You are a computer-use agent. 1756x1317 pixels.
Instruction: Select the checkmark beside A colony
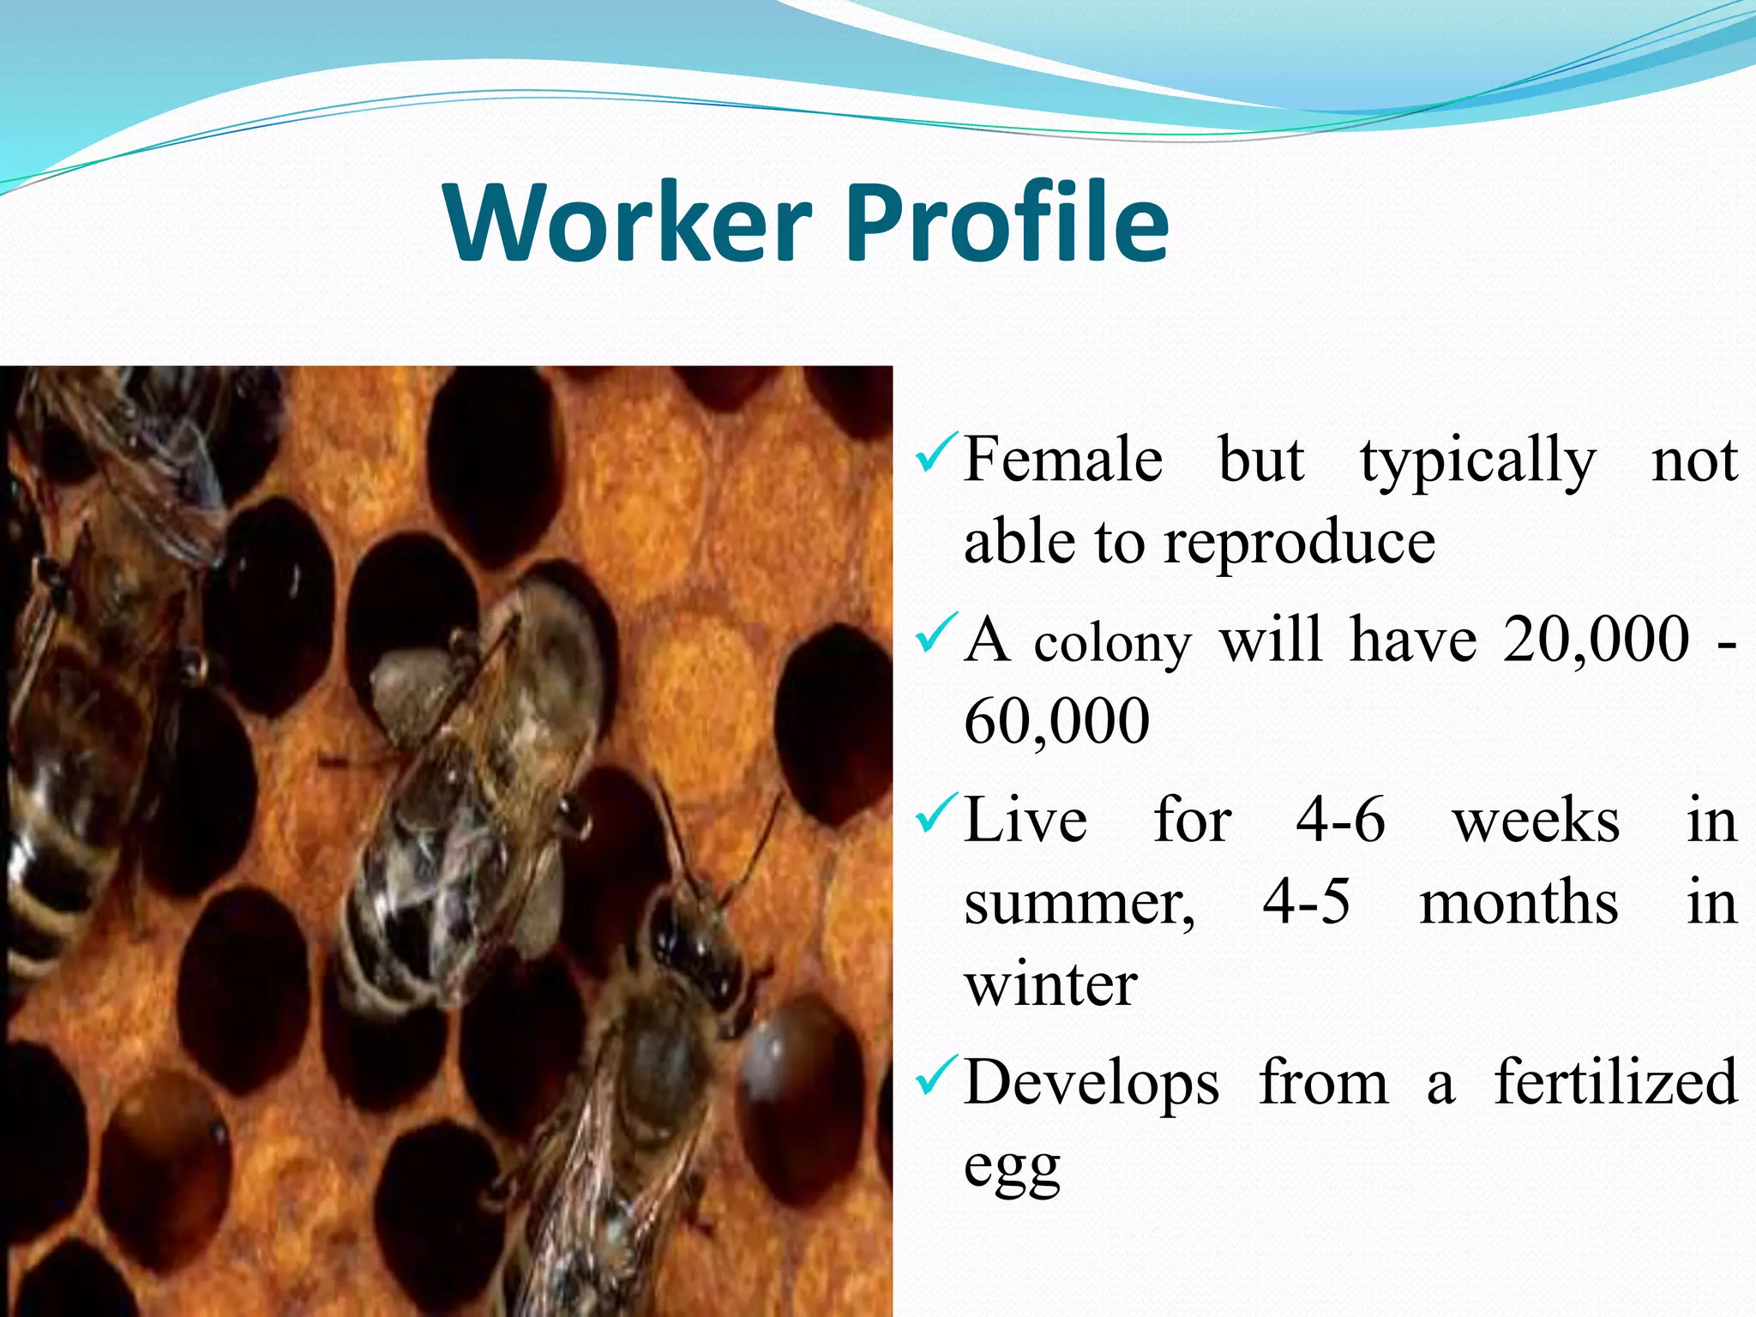click(933, 634)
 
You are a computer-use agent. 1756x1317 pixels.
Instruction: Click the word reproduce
click(1299, 544)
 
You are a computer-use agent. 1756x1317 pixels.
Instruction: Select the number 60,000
click(1056, 720)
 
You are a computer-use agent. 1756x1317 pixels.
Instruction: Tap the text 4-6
click(1340, 820)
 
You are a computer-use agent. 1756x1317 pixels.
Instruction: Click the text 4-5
click(1307, 902)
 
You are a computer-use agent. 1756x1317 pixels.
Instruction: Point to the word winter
click(1050, 984)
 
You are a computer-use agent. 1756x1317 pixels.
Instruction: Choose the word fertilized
click(1616, 1082)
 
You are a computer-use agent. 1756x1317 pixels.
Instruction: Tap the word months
click(1518, 902)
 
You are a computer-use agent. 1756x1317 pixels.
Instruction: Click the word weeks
click(1536, 820)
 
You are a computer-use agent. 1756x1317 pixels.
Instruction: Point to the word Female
click(1063, 460)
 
